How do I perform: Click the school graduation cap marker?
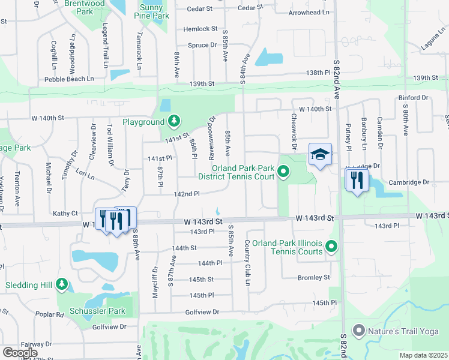(x=321, y=155)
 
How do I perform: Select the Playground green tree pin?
(x=174, y=122)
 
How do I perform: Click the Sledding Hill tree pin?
(x=61, y=284)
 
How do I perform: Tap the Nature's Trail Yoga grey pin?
(x=359, y=330)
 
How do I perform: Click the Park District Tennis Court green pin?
(x=283, y=175)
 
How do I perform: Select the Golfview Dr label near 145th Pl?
(x=202, y=312)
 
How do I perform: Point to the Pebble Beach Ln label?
(x=69, y=79)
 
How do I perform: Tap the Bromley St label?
(x=314, y=277)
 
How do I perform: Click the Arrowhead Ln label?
(x=309, y=12)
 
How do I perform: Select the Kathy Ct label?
(x=65, y=213)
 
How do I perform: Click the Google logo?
(x=20, y=353)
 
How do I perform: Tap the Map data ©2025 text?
(x=423, y=355)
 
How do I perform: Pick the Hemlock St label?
(x=200, y=29)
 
